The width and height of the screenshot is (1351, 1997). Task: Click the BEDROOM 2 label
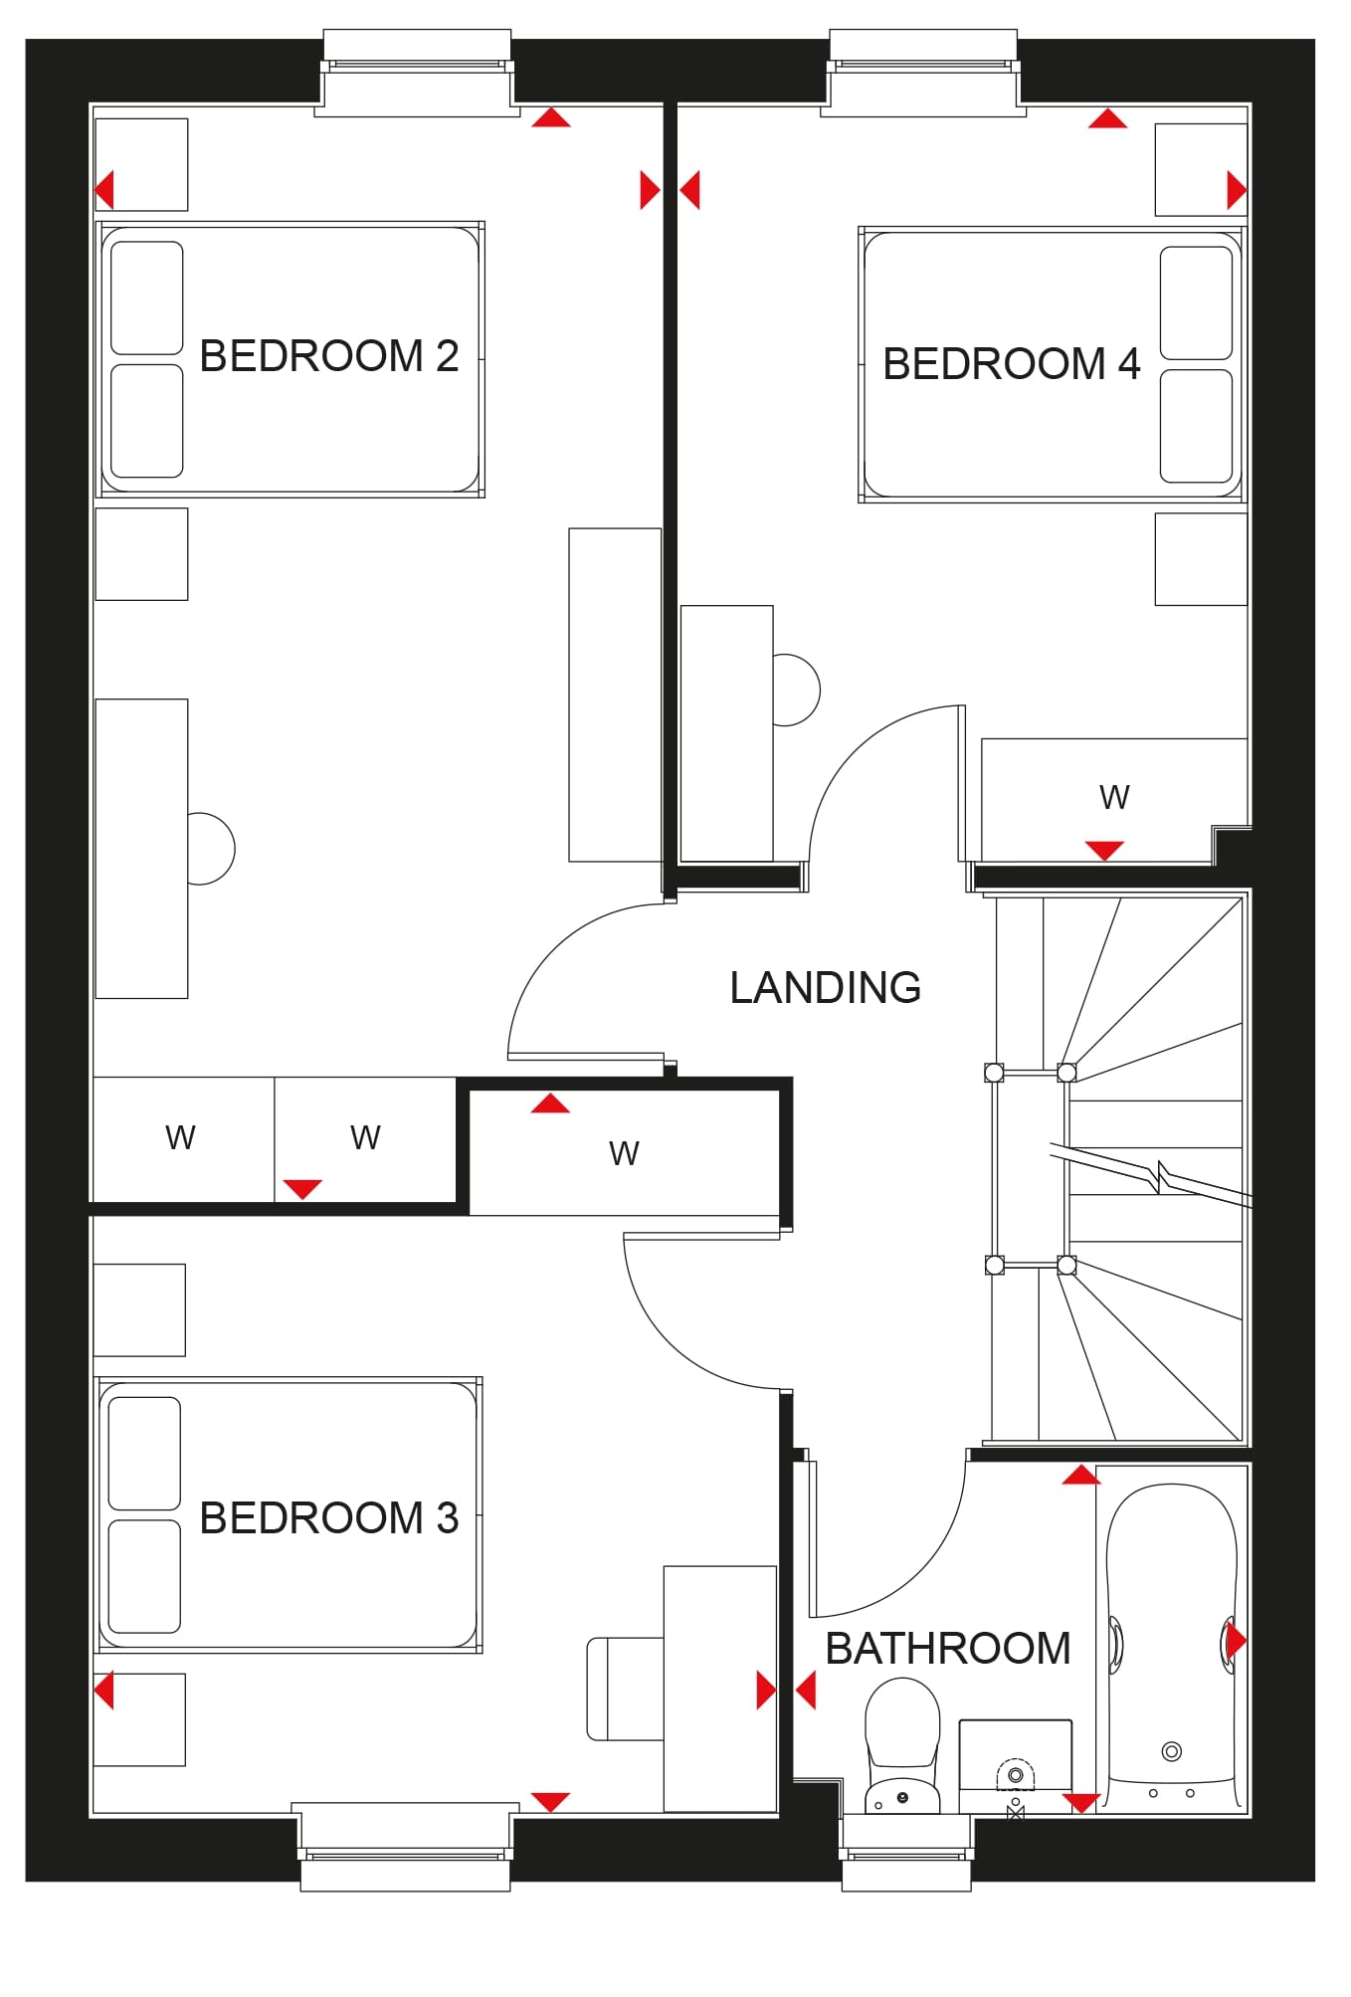(329, 356)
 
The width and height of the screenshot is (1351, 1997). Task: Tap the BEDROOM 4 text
(1012, 363)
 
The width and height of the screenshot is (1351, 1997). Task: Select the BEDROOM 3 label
(329, 1517)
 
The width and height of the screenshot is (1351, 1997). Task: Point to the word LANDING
(826, 987)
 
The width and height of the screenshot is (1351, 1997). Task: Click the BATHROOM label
(948, 1649)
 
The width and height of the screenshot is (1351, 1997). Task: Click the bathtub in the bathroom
(1172, 1646)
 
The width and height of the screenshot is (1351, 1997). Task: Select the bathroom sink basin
(1016, 1766)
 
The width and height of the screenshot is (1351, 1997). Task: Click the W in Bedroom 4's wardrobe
(1114, 797)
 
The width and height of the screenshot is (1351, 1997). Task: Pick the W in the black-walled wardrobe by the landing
(624, 1153)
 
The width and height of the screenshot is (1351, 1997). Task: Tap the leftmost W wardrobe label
(180, 1137)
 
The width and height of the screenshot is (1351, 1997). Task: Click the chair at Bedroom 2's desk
(211, 849)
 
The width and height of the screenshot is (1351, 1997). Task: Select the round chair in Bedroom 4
(797, 690)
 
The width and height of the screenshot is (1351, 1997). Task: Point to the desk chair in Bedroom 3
(625, 1689)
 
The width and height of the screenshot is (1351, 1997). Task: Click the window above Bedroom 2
(417, 73)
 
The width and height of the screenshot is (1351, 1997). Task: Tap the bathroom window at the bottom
(906, 1853)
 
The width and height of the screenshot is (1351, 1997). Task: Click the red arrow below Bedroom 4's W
(1104, 851)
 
